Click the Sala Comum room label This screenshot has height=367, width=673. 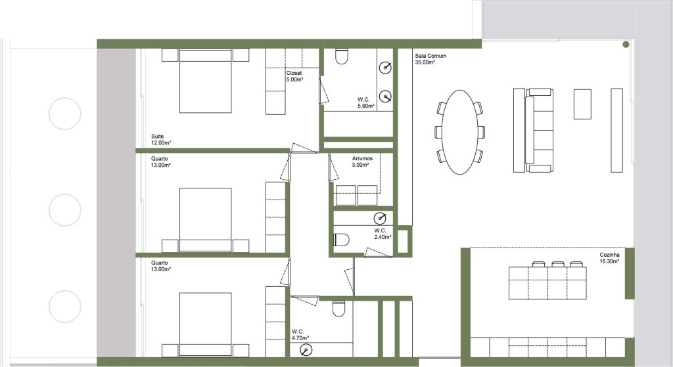pyautogui.click(x=430, y=56)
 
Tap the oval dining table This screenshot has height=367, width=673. pyautogui.click(x=459, y=132)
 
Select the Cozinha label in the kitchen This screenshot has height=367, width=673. pyautogui.click(x=609, y=255)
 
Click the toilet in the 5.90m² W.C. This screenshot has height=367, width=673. pyautogui.click(x=342, y=56)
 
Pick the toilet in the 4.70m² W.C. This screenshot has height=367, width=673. pyautogui.click(x=338, y=309)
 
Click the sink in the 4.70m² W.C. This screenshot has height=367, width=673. pyautogui.click(x=306, y=350)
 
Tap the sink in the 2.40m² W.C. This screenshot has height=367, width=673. pyautogui.click(x=380, y=218)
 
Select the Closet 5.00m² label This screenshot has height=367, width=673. pyautogui.click(x=295, y=76)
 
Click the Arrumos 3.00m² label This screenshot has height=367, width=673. pyautogui.click(x=362, y=162)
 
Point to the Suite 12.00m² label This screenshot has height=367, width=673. pyautogui.click(x=161, y=140)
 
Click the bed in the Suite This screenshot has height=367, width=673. pyautogui.click(x=206, y=81)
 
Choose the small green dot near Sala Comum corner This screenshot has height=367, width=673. pyautogui.click(x=626, y=45)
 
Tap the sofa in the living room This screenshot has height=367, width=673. pyautogui.click(x=539, y=131)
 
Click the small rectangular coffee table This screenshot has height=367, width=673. pyautogui.click(x=582, y=104)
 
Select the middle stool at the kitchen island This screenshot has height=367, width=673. pyautogui.click(x=558, y=264)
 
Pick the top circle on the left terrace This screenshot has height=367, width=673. pyautogui.click(x=65, y=114)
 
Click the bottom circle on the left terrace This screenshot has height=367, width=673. pyautogui.click(x=65, y=307)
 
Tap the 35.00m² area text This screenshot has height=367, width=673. pyautogui.click(x=425, y=62)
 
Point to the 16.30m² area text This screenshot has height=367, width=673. pyautogui.click(x=609, y=261)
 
